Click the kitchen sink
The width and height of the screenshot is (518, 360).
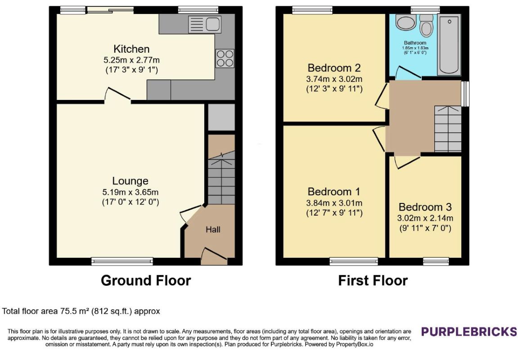click(x=205, y=24)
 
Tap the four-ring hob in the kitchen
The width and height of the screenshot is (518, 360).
click(x=225, y=58)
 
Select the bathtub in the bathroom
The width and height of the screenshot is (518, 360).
click(x=449, y=45)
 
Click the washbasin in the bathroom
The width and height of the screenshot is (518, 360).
click(x=406, y=22)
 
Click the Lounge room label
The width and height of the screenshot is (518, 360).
click(x=130, y=181)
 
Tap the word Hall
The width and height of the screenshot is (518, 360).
click(x=213, y=229)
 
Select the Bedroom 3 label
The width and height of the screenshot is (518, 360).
click(x=425, y=207)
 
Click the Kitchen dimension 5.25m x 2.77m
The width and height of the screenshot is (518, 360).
click(x=131, y=60)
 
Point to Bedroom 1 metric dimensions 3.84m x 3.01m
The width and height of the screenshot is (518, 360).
click(x=334, y=203)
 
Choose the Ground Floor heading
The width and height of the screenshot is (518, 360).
click(x=146, y=280)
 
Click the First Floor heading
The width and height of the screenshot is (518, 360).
click(x=373, y=280)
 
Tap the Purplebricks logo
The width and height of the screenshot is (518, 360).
click(x=469, y=331)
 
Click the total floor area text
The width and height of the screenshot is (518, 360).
click(x=81, y=311)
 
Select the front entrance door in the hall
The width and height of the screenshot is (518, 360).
click(x=214, y=256)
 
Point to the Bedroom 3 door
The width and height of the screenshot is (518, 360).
click(x=408, y=162)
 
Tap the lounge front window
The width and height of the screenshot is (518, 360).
click(x=122, y=261)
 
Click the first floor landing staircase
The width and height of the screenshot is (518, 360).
click(x=448, y=129)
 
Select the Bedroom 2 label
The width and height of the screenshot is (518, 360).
click(x=334, y=68)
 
